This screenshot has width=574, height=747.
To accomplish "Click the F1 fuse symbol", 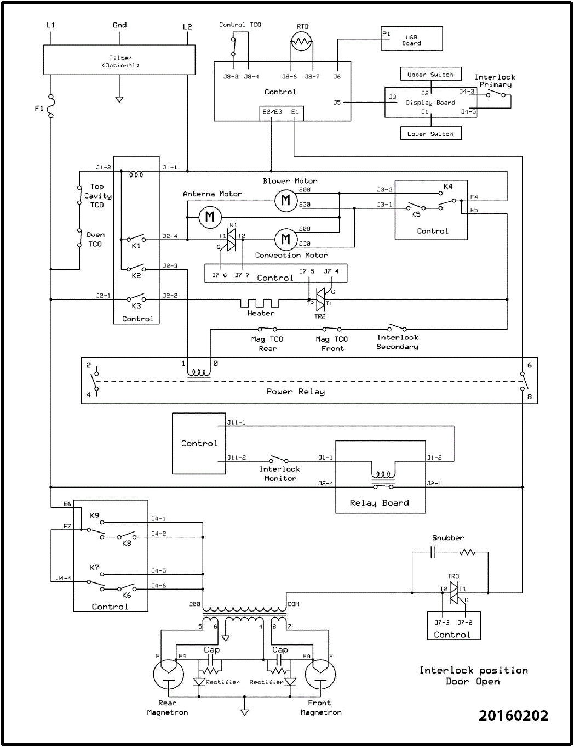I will (x=51, y=105).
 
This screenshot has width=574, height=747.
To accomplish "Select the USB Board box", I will (x=411, y=40).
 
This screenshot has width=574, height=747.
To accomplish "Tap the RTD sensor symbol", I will (x=300, y=41).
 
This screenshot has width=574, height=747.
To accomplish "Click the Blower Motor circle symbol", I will (x=285, y=200).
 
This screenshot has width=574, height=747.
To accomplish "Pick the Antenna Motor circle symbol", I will (x=209, y=217).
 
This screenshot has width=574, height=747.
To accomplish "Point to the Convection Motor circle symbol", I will (x=285, y=239).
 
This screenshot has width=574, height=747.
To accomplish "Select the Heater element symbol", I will (x=260, y=303).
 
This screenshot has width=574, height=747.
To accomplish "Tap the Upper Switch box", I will (x=431, y=75).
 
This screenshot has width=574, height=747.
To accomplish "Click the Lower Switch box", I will (x=431, y=133).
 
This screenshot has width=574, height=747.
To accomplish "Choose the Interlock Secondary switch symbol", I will (x=397, y=327).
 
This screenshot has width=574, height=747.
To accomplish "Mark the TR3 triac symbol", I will (x=454, y=592).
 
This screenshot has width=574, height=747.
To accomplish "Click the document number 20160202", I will (x=513, y=715).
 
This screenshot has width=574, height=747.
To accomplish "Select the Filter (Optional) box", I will (x=119, y=60).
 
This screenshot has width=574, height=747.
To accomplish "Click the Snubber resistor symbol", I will (x=467, y=553).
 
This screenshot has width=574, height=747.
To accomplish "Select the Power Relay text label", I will (x=295, y=392).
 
